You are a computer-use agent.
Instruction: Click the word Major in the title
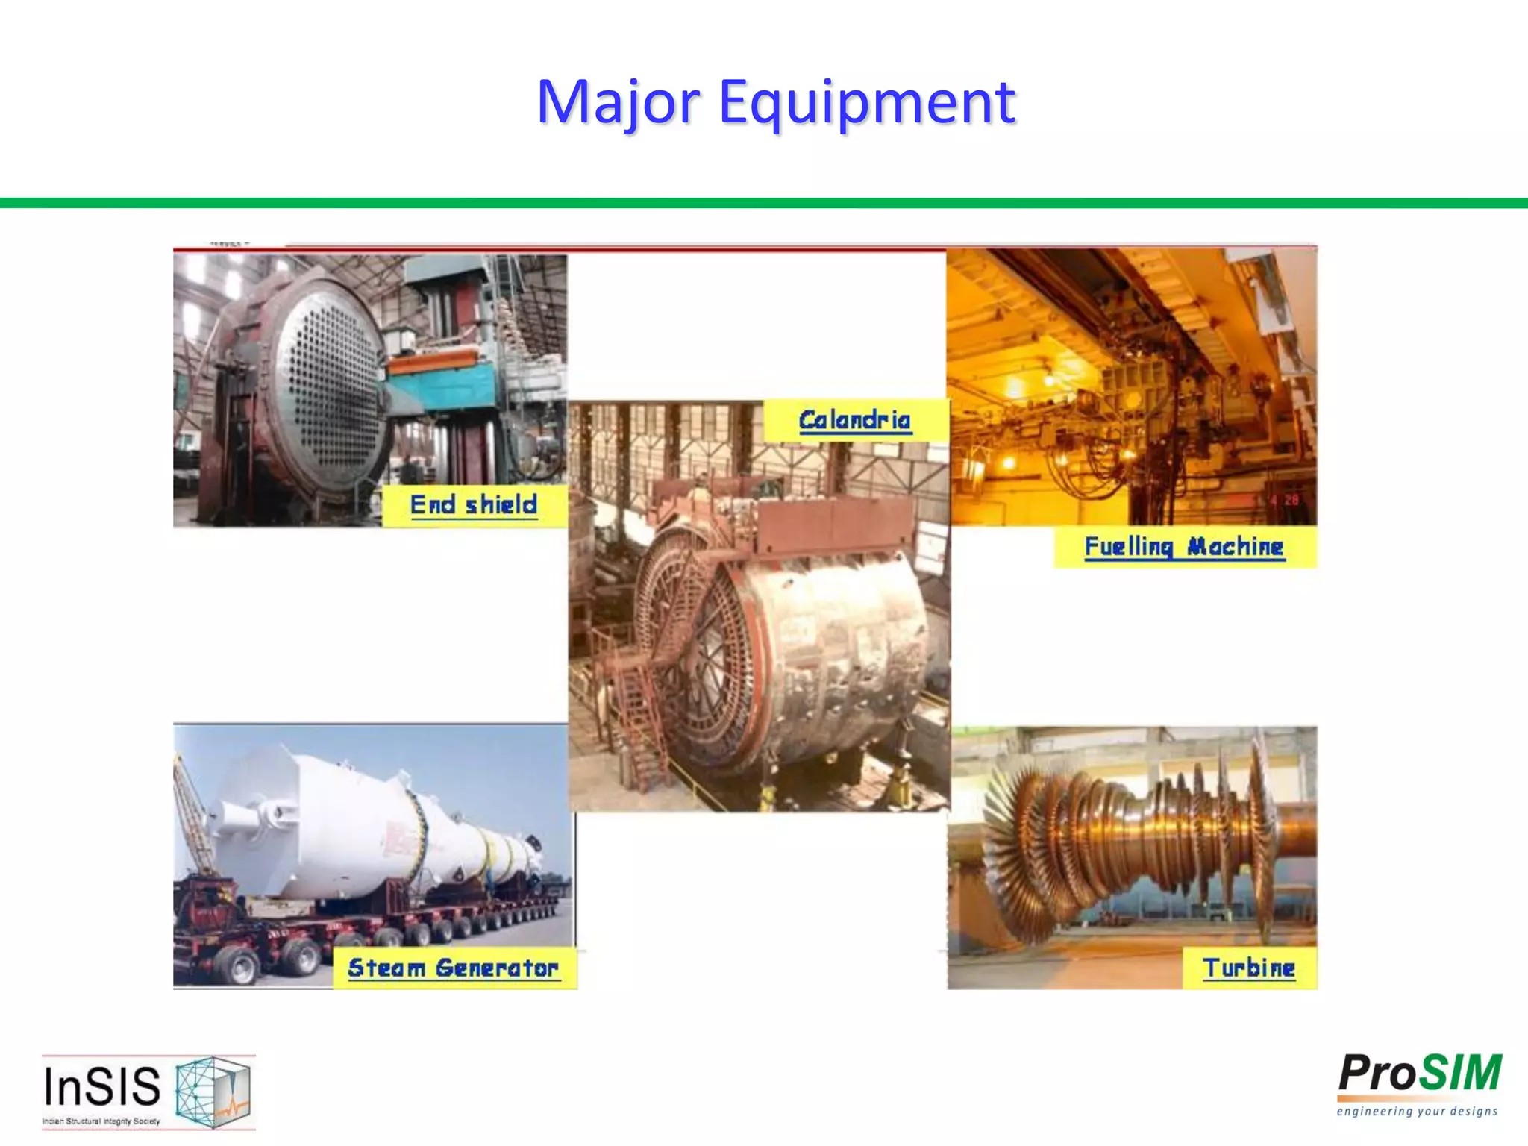618,102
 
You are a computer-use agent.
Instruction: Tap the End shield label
474,505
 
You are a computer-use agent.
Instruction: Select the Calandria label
854,421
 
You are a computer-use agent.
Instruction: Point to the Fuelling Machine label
1184,547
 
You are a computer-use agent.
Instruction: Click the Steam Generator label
453,968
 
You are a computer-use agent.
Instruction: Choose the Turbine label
1249,968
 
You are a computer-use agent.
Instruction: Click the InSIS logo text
102,1086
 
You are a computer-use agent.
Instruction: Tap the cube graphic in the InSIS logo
212,1091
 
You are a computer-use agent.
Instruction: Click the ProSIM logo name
1420,1074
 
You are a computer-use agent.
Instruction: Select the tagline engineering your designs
1417,1112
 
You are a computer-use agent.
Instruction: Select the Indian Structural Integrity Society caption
101,1121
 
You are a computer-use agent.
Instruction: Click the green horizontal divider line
764,203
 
